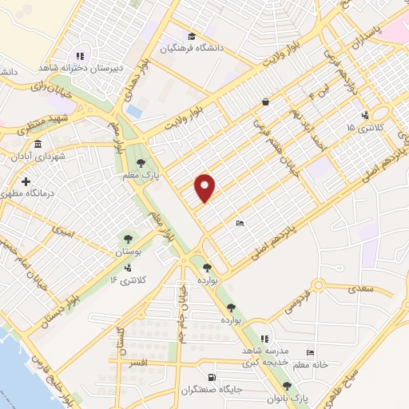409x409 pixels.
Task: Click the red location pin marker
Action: tap(206, 188)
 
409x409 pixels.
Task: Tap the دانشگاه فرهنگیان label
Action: tap(166, 48)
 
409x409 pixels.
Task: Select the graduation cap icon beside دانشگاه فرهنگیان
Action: tap(191, 36)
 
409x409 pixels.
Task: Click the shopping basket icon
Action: tap(265, 101)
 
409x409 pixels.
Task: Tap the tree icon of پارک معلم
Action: tap(141, 162)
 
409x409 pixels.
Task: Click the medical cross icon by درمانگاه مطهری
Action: tap(26, 182)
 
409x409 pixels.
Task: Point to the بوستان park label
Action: tap(127, 252)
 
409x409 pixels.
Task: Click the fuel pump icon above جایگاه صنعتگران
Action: tap(211, 378)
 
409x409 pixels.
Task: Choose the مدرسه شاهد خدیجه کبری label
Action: tap(262, 356)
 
